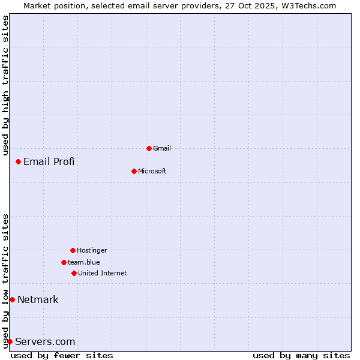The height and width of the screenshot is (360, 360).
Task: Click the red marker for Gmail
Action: point(149,148)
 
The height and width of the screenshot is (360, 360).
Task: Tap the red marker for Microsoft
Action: point(134,171)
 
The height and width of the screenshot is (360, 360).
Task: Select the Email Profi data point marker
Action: point(19,161)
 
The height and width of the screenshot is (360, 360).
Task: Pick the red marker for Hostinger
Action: point(73,250)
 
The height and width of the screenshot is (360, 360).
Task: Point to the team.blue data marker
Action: point(64,262)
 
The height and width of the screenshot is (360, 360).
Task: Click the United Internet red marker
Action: point(74,273)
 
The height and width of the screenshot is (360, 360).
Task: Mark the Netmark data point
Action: point(12,299)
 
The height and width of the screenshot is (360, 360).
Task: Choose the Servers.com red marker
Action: point(10,341)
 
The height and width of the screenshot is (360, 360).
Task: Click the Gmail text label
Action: point(162,148)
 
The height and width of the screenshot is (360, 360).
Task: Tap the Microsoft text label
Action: point(152,171)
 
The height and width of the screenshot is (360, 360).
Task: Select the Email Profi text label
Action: point(49,161)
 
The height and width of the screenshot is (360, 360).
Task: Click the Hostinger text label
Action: point(92,250)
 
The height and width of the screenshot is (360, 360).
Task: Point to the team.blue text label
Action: point(84,262)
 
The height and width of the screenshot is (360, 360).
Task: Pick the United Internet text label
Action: point(103,273)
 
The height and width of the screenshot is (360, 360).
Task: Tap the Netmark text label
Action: point(38,299)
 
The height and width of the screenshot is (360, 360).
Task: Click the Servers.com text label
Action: point(45,341)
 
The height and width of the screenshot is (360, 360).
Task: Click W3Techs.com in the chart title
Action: point(307,5)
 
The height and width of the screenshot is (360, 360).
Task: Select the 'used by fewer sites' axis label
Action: point(62,355)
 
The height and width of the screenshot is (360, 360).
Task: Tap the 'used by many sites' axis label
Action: point(301,355)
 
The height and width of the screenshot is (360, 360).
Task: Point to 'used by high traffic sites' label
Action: point(6,85)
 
